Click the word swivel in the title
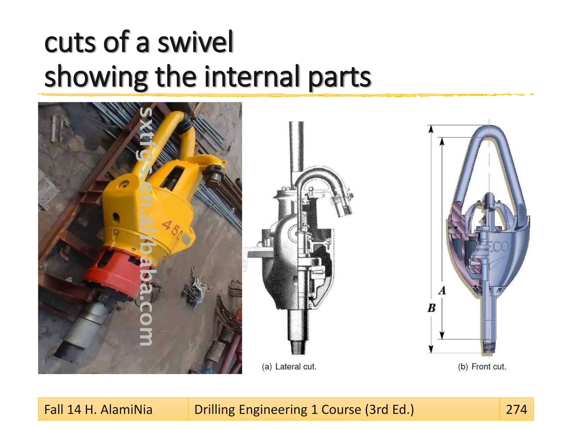coord(195,42)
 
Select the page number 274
coord(516,409)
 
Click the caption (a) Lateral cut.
coord(289,366)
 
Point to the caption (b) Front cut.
coord(482,366)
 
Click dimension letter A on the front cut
coord(442,290)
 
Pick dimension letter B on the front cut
coord(432,308)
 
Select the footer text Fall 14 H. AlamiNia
coord(98,409)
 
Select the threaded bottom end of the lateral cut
coord(299,347)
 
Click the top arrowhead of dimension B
coord(431,128)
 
